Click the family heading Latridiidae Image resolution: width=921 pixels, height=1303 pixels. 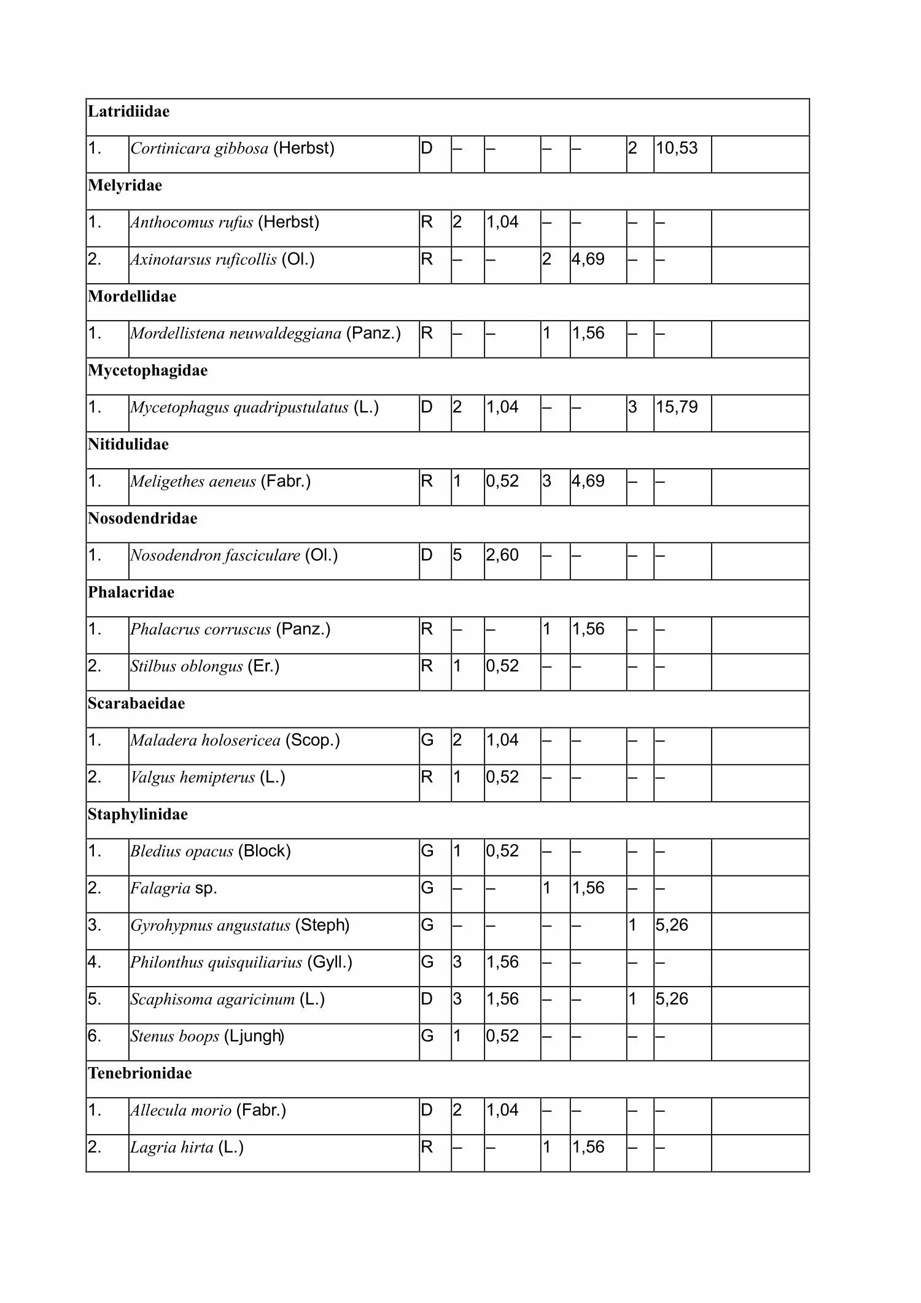point(128,112)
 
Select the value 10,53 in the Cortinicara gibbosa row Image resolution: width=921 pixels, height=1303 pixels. point(677,149)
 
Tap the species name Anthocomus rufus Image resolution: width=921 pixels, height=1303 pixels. point(192,222)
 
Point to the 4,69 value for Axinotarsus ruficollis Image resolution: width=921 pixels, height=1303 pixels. point(588,259)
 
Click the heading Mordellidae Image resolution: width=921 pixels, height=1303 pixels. point(132,297)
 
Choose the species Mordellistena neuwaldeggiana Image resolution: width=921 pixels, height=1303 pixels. point(236,334)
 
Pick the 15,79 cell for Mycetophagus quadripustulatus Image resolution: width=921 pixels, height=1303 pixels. point(677,407)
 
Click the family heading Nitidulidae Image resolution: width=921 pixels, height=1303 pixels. point(128,444)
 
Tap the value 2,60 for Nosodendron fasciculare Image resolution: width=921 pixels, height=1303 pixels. point(502,555)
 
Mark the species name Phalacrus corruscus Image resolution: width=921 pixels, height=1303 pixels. point(200,629)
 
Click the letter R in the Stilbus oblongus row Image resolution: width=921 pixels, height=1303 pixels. point(427,666)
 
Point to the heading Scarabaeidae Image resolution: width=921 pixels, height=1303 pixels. point(136,703)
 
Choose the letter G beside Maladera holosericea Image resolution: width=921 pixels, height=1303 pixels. point(427,740)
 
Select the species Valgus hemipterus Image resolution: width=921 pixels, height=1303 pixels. point(193,777)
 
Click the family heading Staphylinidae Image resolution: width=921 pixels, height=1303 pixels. point(138,815)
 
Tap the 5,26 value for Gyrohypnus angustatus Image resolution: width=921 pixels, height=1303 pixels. point(672,925)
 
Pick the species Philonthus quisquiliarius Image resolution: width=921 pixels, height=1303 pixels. point(216,962)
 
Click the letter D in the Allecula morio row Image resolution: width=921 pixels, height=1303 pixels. point(427,1110)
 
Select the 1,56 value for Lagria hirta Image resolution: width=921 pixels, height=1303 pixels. point(588,1147)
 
